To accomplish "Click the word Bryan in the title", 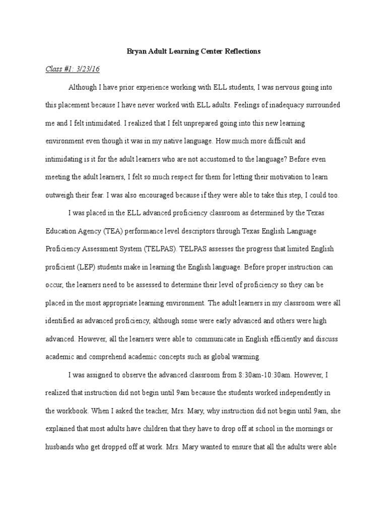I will click(135, 52).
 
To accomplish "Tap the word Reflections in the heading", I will click(244, 52).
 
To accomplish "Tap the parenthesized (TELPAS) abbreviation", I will click(160, 249).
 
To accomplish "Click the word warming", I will click(246, 357).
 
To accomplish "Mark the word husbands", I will click(61, 446).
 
